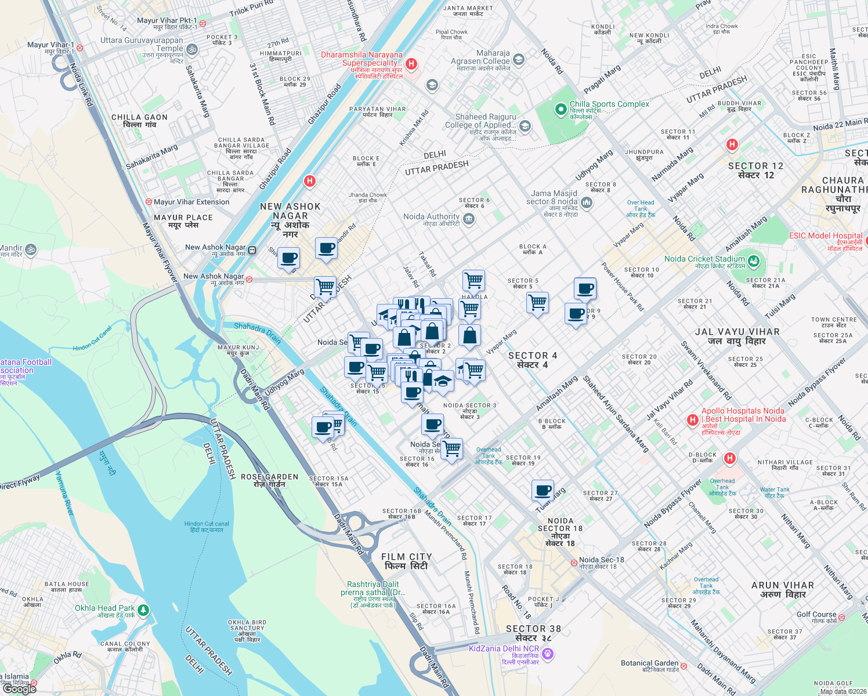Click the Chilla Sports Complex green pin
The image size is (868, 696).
(560, 109)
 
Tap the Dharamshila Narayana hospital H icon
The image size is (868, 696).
(411, 64)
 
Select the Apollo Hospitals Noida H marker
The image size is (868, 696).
(692, 419)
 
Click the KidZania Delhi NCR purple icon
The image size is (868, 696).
(548, 654)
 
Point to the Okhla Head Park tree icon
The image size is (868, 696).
(143, 610)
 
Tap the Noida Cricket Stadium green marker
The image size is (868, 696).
(753, 261)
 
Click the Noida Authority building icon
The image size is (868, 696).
(469, 219)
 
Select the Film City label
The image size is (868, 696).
(407, 561)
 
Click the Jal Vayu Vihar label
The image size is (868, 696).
(737, 336)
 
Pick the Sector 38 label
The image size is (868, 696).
(533, 633)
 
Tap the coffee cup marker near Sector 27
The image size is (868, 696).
(543, 490)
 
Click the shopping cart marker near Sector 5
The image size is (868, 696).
(537, 302)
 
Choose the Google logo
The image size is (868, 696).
(20, 689)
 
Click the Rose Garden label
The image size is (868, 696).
(269, 480)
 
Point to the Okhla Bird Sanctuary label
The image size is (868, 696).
(247, 630)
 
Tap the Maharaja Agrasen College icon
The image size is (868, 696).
(519, 59)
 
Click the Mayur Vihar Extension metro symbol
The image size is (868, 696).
(149, 202)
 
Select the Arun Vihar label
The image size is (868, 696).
(782, 589)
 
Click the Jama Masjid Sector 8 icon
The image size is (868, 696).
(586, 202)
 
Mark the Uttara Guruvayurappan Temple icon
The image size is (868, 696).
(192, 50)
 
